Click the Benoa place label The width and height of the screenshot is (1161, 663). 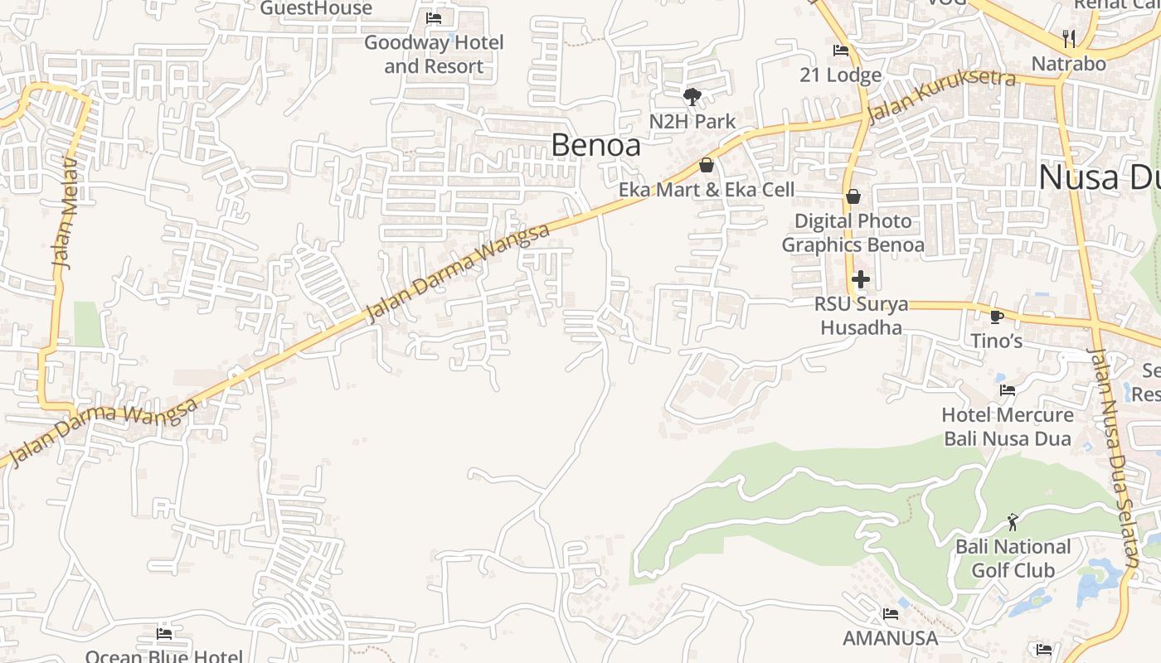point(595,145)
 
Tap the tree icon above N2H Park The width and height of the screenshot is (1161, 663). point(692,97)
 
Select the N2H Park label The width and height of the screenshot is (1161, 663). point(692,122)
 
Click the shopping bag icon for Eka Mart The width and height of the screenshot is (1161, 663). point(707,165)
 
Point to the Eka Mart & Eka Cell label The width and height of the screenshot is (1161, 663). point(707,190)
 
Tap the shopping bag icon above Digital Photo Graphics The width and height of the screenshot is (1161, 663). point(853,196)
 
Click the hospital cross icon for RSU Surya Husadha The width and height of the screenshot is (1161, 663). point(861,279)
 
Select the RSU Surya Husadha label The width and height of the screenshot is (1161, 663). point(861,316)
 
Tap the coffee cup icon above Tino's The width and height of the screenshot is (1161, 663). point(997,316)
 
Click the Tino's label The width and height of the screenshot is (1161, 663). point(997,341)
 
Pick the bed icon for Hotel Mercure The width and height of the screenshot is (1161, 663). point(1008,390)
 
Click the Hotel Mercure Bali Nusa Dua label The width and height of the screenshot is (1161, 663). point(1008,426)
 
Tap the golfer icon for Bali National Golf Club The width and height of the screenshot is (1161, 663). point(1013,522)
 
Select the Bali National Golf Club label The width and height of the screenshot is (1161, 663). point(1013,559)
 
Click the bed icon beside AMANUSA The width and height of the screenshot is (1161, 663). point(891,614)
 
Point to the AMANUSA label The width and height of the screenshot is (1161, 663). point(891,638)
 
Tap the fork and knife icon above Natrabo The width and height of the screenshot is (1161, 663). point(1069,38)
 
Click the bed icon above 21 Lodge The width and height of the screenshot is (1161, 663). point(841,51)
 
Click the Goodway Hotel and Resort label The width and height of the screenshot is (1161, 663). point(434,54)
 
